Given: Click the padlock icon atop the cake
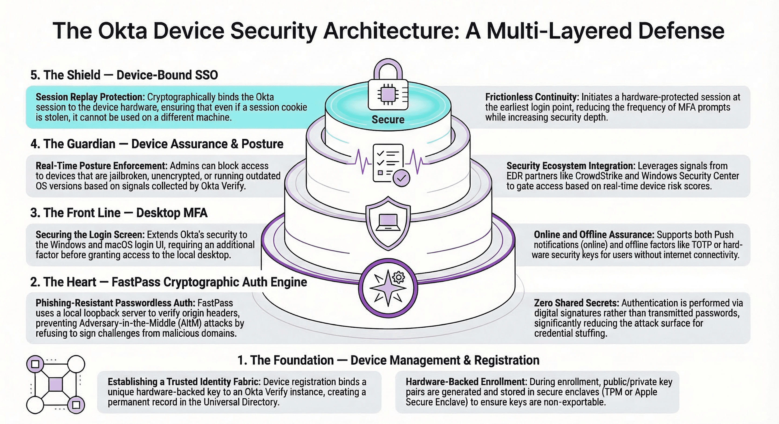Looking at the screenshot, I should pyautogui.click(x=388, y=86).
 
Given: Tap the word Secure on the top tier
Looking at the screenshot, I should pyautogui.click(x=388, y=120).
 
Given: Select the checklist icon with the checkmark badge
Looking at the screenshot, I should pyautogui.click(x=390, y=164).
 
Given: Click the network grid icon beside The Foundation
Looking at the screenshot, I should pyautogui.click(x=56, y=384).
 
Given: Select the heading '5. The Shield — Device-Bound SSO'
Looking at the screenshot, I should pyautogui.click(x=124, y=75).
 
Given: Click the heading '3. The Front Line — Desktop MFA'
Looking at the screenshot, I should pyautogui.click(x=119, y=213).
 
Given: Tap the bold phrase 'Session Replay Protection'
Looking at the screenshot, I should pyautogui.click(x=90, y=97).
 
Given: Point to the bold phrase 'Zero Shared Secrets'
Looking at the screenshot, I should pyautogui.click(x=576, y=303).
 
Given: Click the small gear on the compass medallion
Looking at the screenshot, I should pyautogui.click(x=398, y=277).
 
